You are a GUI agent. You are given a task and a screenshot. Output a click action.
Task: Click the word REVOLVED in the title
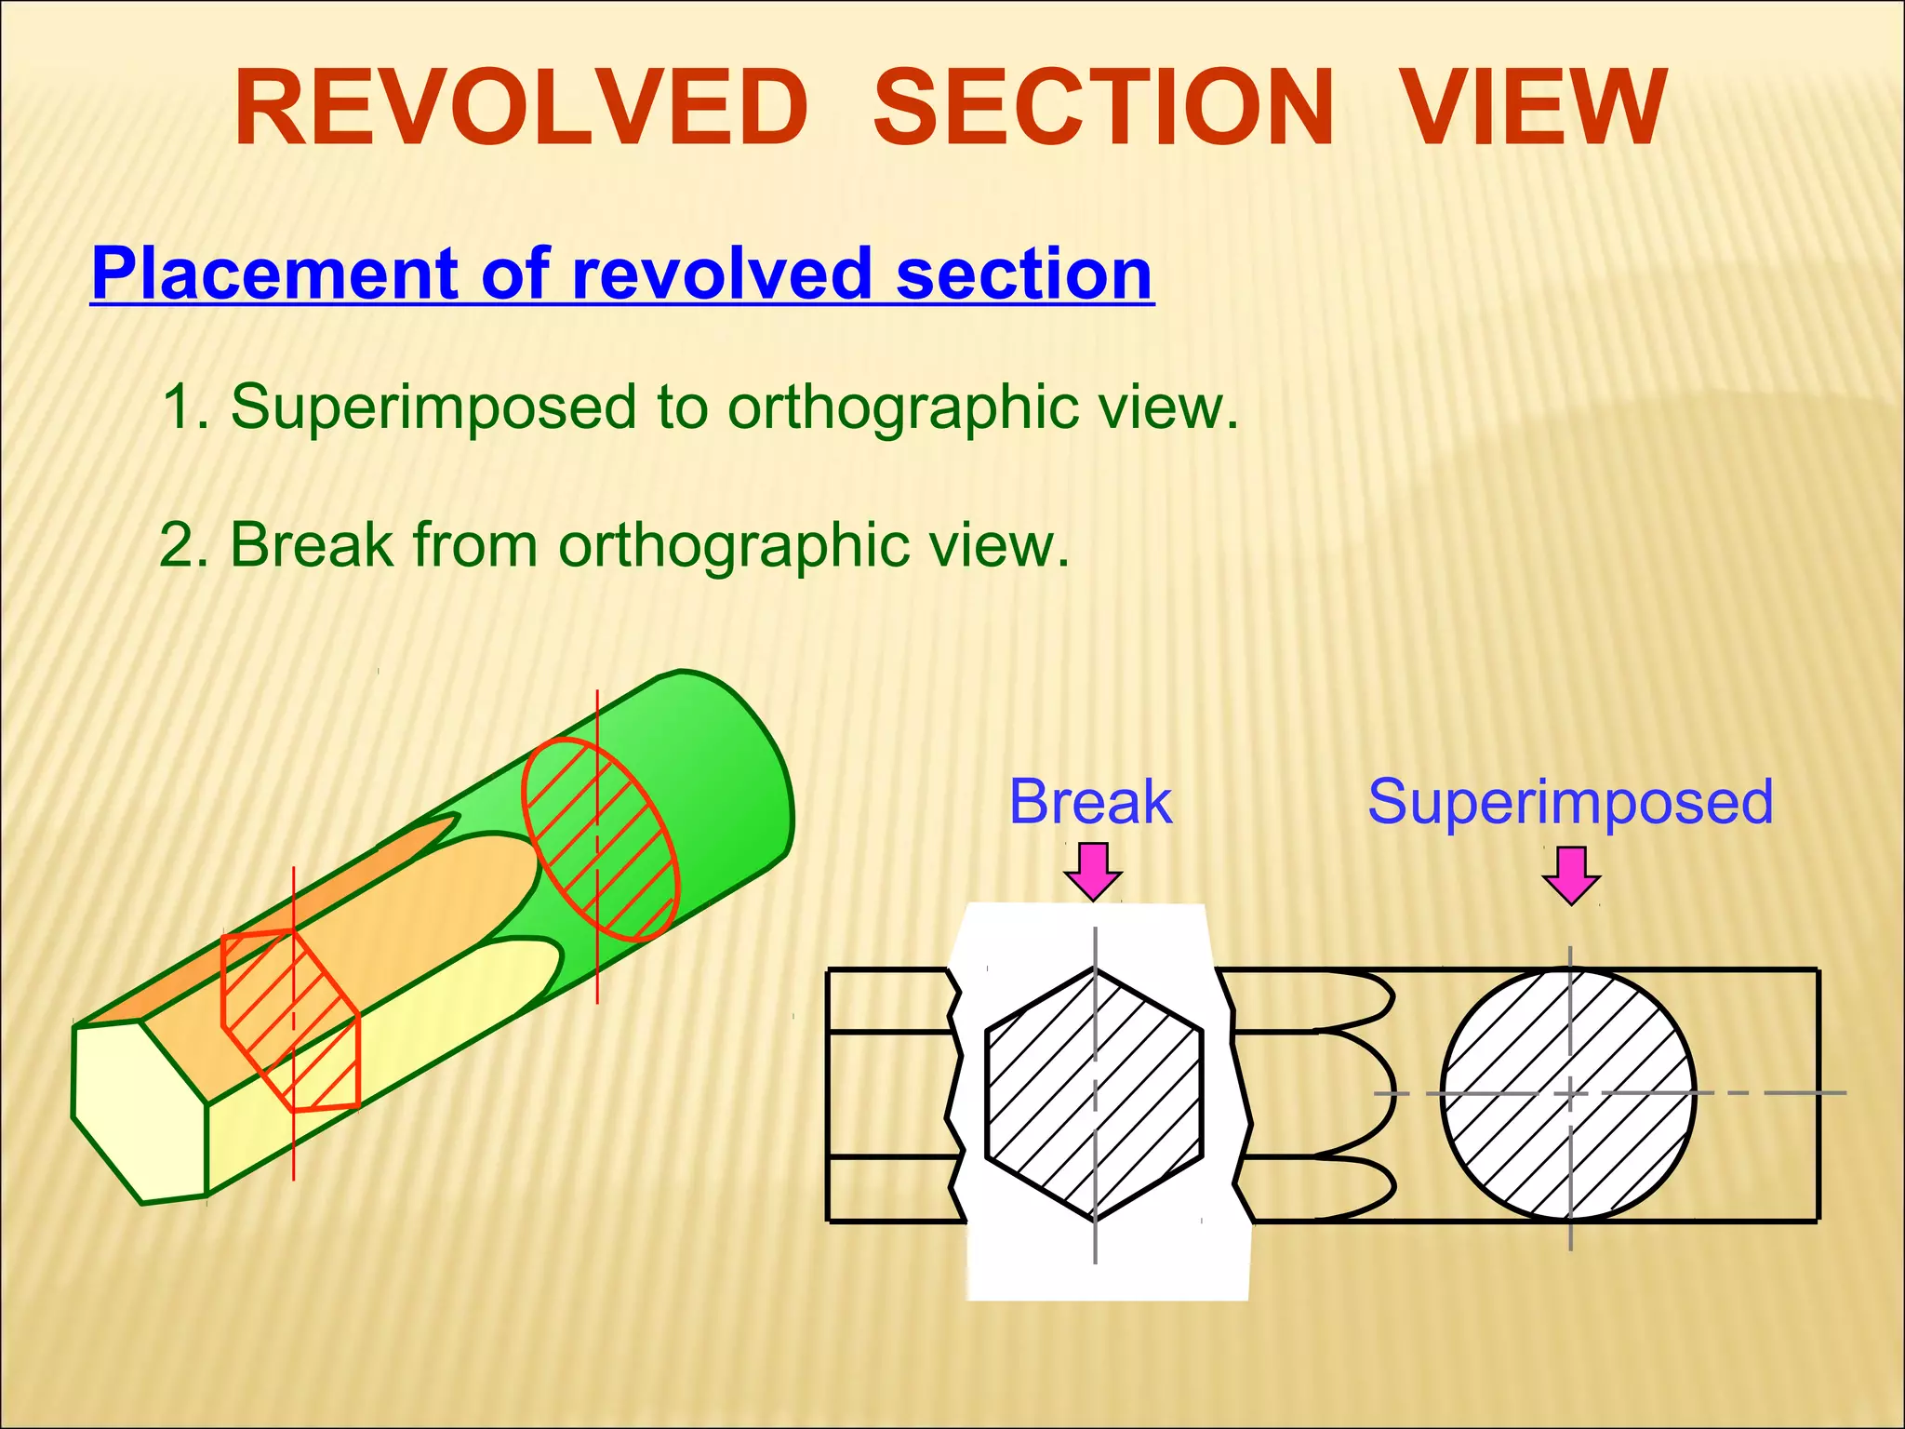pyautogui.click(x=521, y=109)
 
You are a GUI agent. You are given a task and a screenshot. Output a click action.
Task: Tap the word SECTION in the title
pyautogui.click(x=1104, y=109)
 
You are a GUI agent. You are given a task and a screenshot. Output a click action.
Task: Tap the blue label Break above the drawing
pyautogui.click(x=1090, y=802)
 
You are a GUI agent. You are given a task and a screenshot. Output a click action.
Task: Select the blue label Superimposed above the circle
pyautogui.click(x=1570, y=802)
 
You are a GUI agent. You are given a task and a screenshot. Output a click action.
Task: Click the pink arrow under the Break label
pyautogui.click(x=1093, y=871)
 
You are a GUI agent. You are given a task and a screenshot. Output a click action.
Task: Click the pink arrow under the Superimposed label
pyautogui.click(x=1571, y=875)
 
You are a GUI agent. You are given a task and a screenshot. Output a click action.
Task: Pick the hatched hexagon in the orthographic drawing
pyautogui.click(x=1094, y=1094)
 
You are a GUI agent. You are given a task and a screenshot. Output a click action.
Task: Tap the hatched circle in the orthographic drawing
pyautogui.click(x=1568, y=1094)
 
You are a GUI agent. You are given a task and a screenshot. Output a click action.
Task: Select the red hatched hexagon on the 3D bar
pyautogui.click(x=290, y=1021)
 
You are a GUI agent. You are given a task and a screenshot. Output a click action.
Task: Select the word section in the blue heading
pyautogui.click(x=1024, y=274)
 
